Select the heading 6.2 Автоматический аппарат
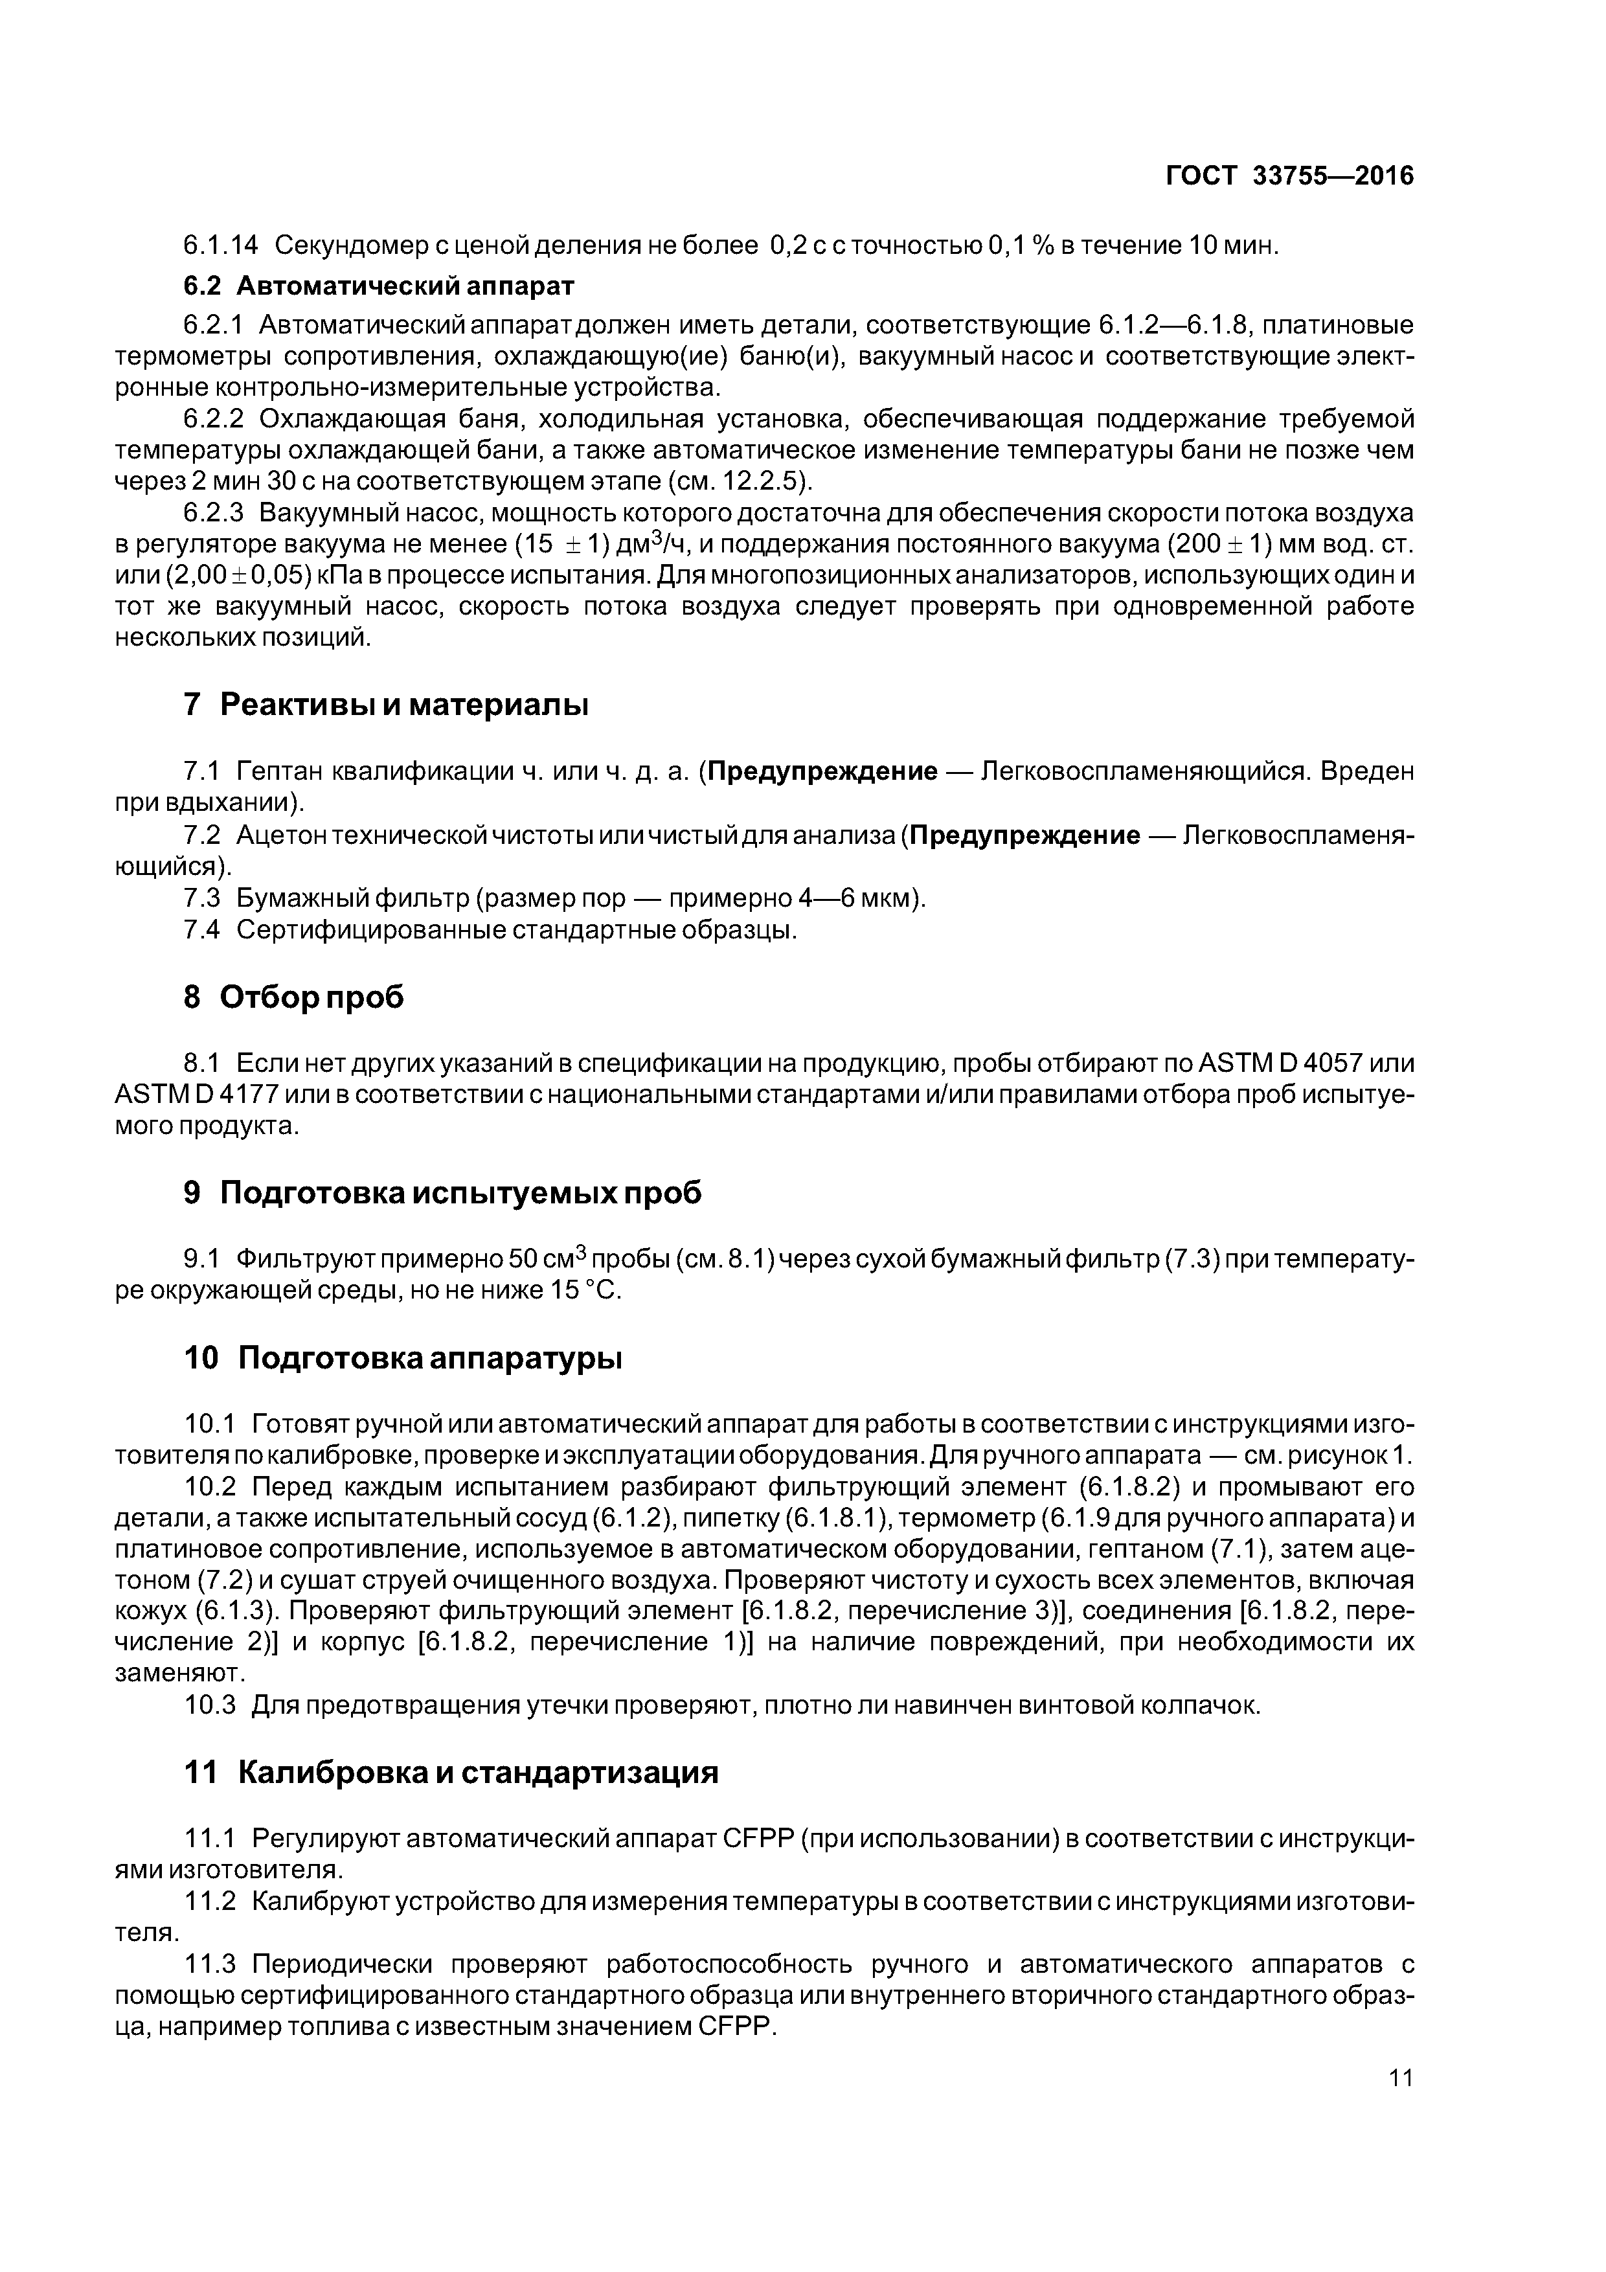pyautogui.click(x=378, y=286)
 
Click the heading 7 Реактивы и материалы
pyautogui.click(x=386, y=705)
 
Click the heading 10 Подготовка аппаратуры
pyautogui.click(x=403, y=1359)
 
